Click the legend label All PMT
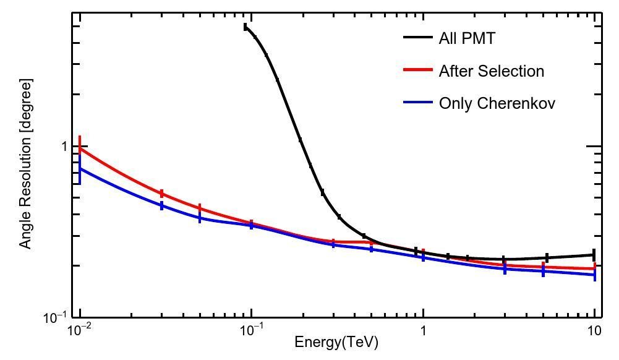(466, 38)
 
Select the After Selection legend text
(491, 71)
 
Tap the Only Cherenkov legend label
(497, 103)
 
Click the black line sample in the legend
(417, 38)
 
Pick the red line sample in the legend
(417, 71)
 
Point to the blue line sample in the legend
(417, 103)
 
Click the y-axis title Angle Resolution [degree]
(25, 164)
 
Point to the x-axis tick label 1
(423, 330)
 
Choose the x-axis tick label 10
(594, 330)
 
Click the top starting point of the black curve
(245, 27)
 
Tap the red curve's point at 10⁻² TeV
(80, 148)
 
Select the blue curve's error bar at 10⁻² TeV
(80, 169)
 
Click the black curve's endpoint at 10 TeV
(594, 255)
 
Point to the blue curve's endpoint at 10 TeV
(594, 275)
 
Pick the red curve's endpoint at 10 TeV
(594, 268)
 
